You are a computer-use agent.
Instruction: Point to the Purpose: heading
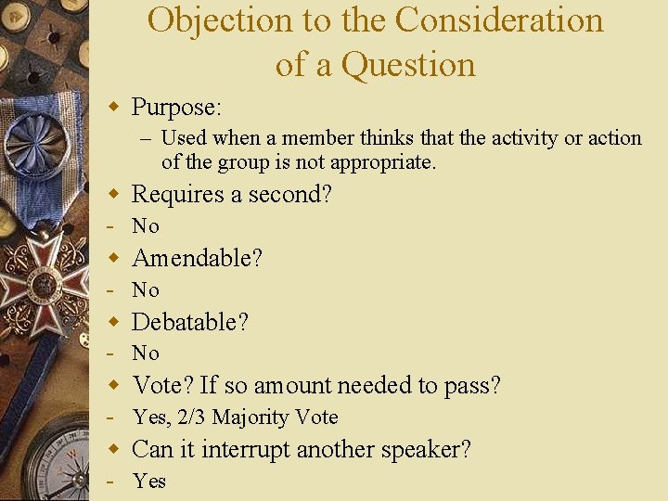click(176, 108)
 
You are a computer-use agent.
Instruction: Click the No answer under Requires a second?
click(146, 226)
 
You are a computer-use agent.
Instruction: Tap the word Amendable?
click(198, 258)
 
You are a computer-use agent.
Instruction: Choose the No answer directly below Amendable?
click(146, 290)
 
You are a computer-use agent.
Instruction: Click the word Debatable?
click(190, 322)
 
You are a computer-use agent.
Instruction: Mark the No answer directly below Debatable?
click(146, 353)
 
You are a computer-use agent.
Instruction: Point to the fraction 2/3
click(191, 417)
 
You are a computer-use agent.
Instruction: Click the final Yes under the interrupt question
click(149, 481)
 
